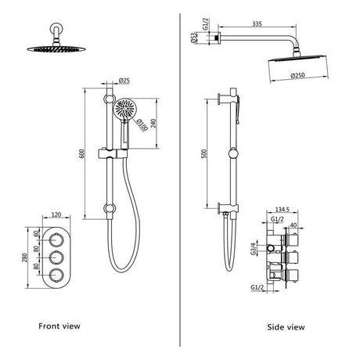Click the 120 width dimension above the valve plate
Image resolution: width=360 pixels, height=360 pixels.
pos(54,214)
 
